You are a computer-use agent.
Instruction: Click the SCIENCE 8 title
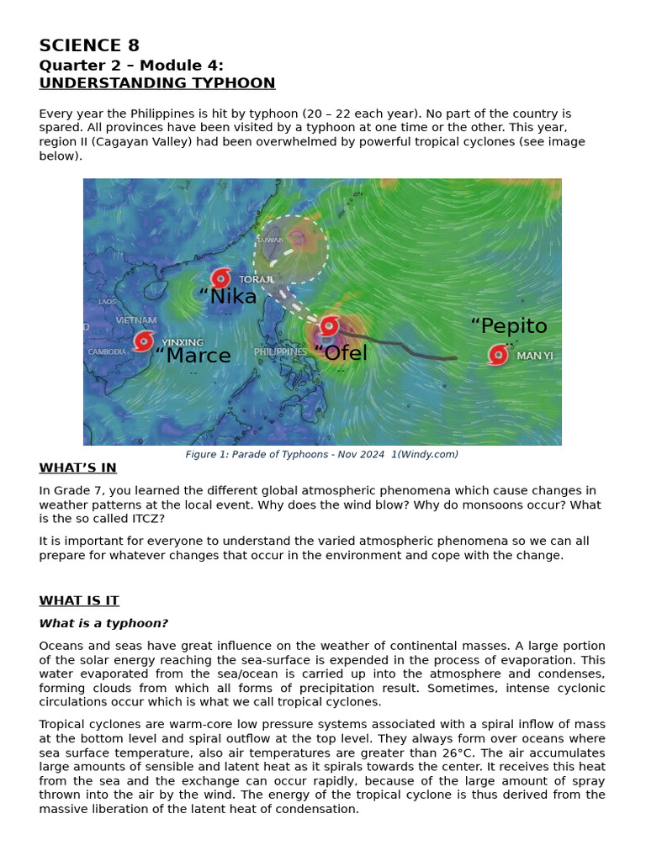[89, 46]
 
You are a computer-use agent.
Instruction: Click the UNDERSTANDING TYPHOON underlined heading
[156, 83]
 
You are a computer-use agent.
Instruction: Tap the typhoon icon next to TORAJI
[221, 278]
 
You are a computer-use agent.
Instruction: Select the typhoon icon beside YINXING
[144, 341]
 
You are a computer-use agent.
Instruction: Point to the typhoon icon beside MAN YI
[499, 355]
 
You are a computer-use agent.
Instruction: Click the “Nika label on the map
[228, 296]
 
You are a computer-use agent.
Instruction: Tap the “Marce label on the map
[193, 356]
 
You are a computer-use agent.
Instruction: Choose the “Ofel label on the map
[341, 353]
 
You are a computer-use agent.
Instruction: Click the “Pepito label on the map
[508, 326]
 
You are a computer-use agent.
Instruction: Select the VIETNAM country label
[136, 320]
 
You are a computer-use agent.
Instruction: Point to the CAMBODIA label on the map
[107, 351]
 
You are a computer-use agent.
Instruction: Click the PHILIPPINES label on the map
[280, 351]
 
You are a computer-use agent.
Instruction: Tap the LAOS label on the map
[108, 302]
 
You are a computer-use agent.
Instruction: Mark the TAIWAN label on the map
[270, 240]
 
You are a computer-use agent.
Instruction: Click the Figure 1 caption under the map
[321, 454]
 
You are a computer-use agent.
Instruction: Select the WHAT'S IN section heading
[77, 468]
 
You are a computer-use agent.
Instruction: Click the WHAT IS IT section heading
[78, 601]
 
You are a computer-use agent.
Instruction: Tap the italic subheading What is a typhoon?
[103, 624]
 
